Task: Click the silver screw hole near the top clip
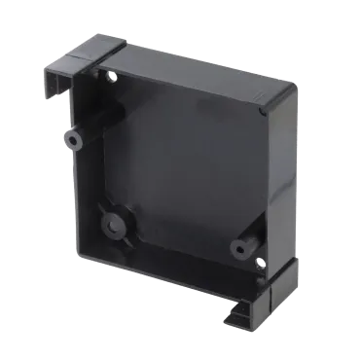[115, 75]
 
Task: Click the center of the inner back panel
[180, 165]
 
